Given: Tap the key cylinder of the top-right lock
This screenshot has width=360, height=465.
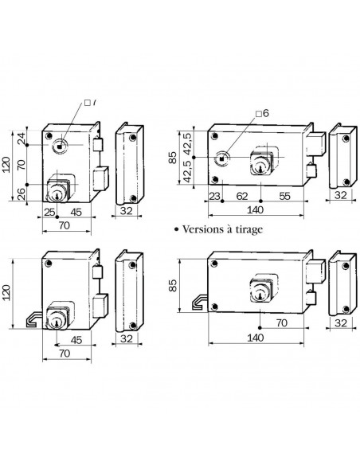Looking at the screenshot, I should (262, 161).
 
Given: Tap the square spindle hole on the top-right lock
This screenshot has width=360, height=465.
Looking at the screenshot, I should (226, 155).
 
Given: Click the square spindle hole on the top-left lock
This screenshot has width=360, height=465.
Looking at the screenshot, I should (61, 147).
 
